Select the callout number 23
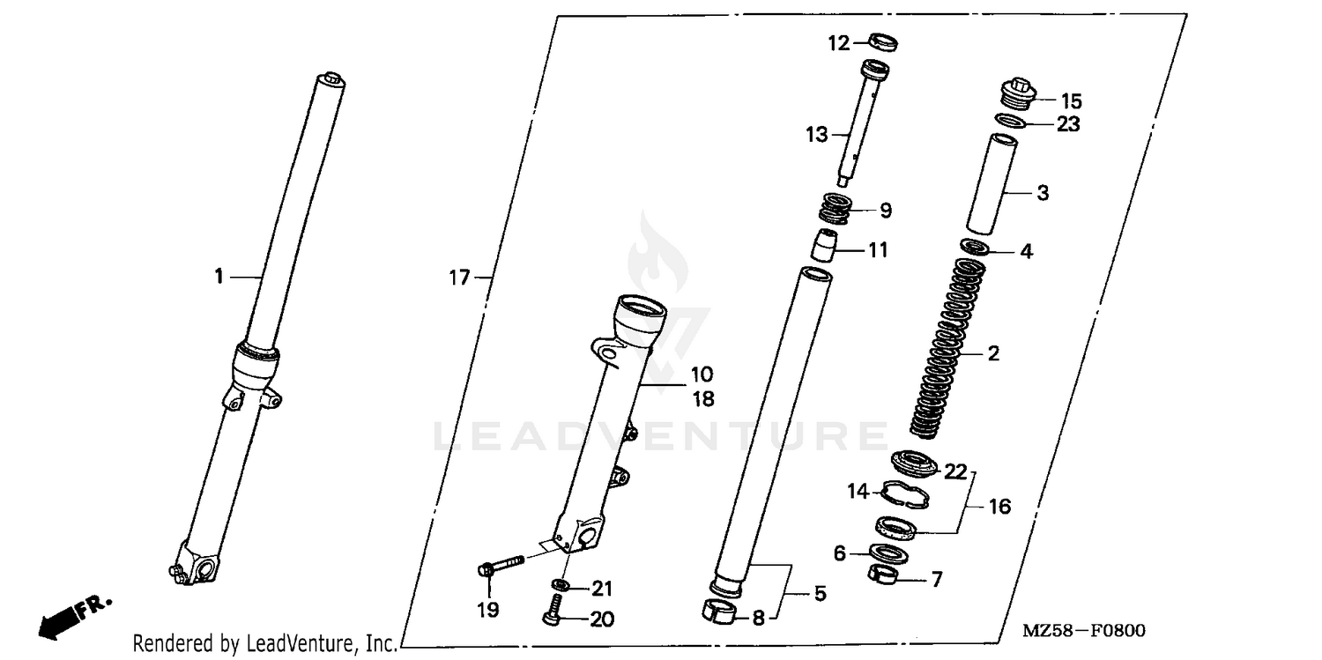coord(1068,124)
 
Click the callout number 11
coord(878,250)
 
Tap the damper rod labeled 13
coord(854,123)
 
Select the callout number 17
coord(459,278)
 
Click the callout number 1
coord(218,278)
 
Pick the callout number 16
coord(999,507)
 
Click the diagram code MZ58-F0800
coord(1083,631)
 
